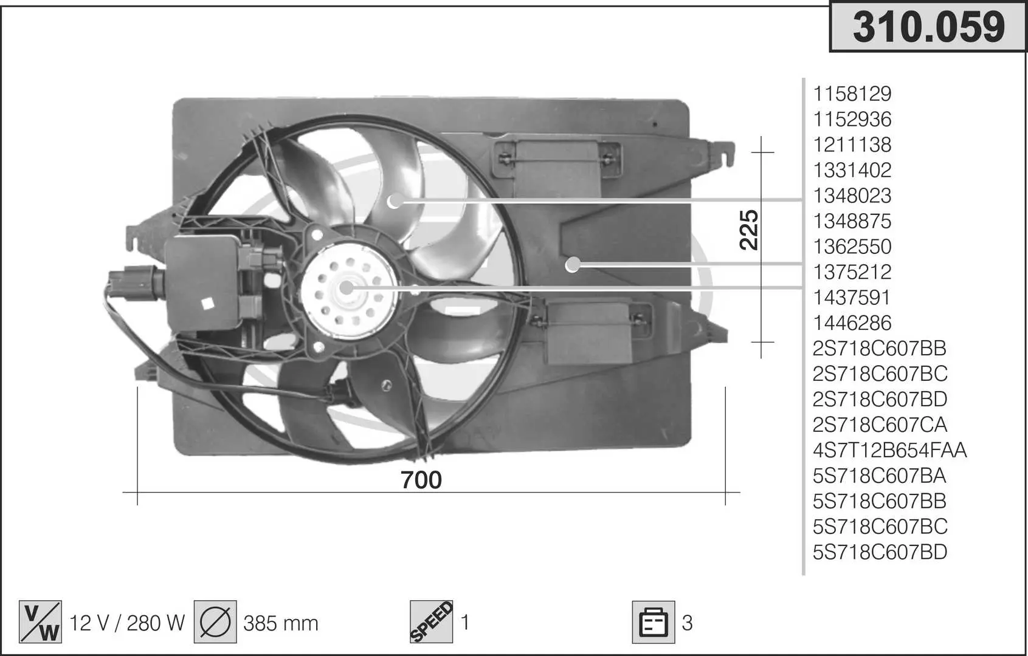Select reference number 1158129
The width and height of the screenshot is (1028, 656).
click(852, 94)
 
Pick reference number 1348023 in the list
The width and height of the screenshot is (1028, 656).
click(852, 196)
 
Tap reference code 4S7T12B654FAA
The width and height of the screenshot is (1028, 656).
click(889, 450)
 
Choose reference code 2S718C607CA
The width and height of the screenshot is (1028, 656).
click(880, 425)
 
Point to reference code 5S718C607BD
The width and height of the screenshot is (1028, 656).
click(880, 552)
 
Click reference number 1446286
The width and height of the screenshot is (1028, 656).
click(852, 323)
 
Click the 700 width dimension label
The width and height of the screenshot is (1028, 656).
click(421, 480)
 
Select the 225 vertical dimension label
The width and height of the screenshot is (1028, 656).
click(748, 230)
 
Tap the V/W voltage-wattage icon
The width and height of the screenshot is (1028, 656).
click(40, 621)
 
